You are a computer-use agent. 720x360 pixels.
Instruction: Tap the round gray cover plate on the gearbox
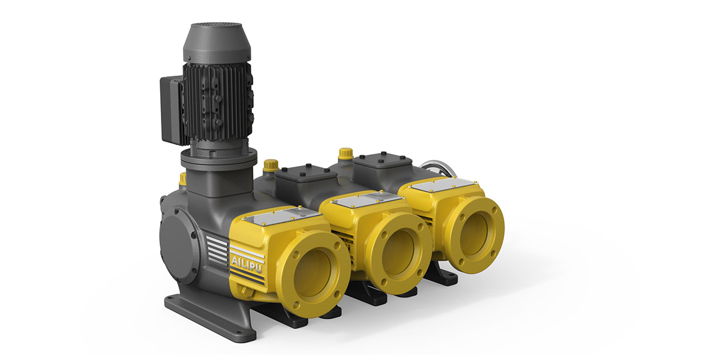178,248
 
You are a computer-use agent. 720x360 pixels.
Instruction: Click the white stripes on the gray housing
217,246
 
